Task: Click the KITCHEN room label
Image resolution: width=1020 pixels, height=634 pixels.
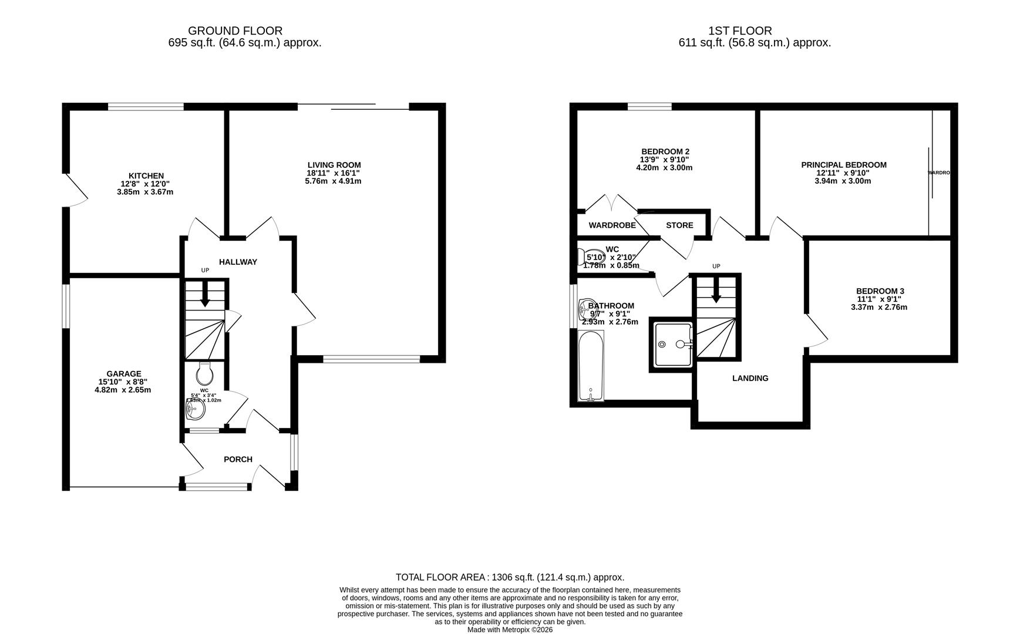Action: coord(146,176)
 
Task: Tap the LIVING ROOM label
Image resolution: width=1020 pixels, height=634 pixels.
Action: coord(334,165)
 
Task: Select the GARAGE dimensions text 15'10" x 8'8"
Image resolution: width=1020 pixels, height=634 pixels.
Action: coord(124,382)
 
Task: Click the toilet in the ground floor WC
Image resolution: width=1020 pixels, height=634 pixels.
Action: coord(204,373)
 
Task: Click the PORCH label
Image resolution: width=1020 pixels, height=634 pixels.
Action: coord(238,459)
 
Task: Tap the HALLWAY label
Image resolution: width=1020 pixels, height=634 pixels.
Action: coord(238,262)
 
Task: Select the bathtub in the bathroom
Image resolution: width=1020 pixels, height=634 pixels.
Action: coord(591,365)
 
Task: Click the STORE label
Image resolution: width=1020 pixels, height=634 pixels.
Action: coord(679,225)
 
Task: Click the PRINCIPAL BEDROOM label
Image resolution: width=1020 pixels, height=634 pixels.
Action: coord(843,165)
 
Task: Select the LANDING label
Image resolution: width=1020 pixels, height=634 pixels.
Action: coord(750,378)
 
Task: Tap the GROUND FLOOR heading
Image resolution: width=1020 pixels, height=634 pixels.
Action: coord(235,31)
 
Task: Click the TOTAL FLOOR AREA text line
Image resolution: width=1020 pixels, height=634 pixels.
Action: coord(510,577)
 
